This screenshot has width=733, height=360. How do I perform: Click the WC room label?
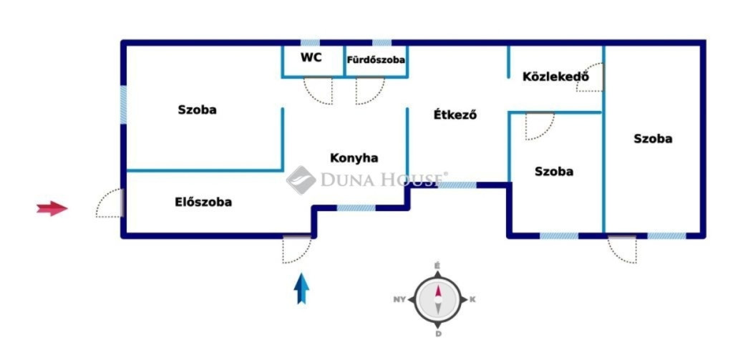311,57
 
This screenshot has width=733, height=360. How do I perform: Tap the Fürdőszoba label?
376,60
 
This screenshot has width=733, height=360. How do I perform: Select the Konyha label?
354,158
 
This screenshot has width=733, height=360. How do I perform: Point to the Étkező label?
455,115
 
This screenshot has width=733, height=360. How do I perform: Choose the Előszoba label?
203,202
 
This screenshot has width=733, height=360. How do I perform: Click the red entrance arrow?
52,208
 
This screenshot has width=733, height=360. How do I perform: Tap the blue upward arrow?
301,288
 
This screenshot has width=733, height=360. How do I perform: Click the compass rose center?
438,299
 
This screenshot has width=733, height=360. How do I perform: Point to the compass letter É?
437,266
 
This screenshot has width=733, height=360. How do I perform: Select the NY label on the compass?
399,299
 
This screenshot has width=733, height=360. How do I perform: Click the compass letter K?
472,299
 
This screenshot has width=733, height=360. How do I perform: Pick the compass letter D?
439,334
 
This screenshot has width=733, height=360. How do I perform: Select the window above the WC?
310,42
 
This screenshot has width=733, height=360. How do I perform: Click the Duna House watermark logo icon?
301,180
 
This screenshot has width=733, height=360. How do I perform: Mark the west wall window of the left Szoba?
123,104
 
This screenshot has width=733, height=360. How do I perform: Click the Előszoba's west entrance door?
110,203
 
